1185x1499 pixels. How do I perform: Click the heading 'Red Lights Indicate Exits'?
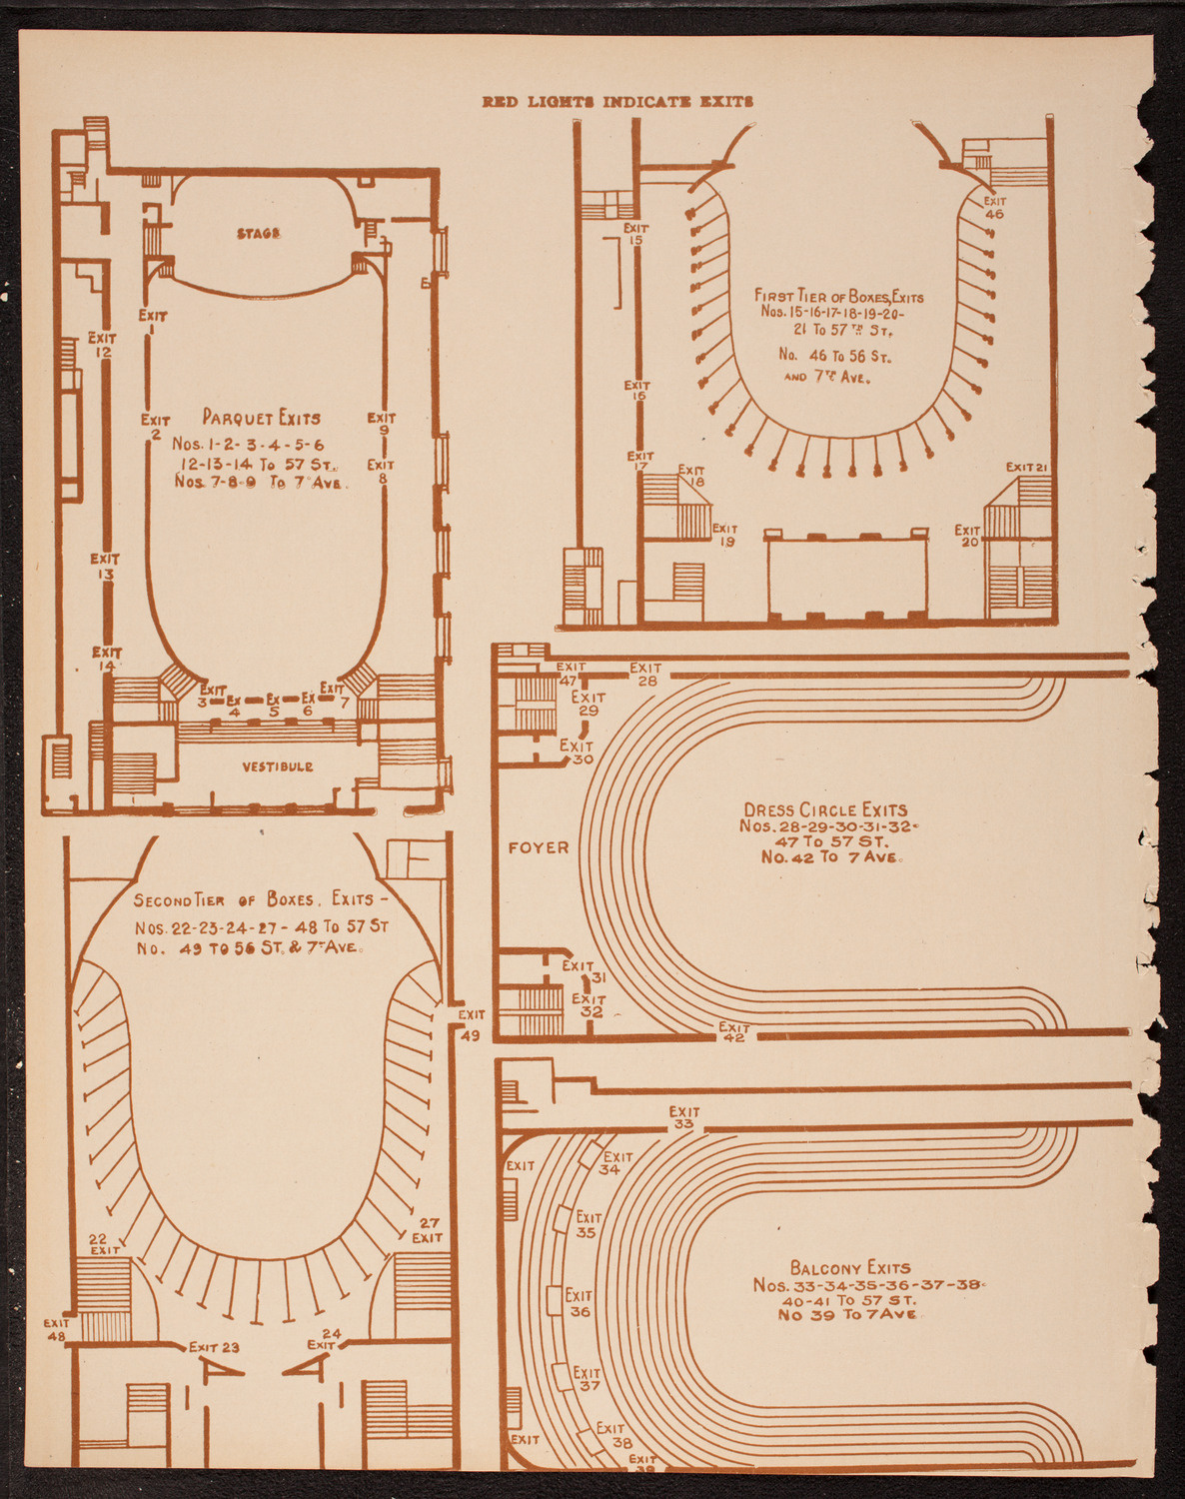[616, 101]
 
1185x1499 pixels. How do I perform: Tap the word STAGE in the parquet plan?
[259, 233]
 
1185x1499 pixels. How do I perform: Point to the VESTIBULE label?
[277, 766]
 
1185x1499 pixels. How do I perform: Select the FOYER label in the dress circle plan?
[539, 847]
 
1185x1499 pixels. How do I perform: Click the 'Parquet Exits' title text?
[262, 418]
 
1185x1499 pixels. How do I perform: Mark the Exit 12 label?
[102, 345]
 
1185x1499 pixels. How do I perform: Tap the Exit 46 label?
[994, 208]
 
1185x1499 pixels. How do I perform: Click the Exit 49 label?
[471, 1025]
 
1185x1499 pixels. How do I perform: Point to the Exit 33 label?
[684, 1117]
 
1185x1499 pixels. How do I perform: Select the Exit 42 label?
[734, 1032]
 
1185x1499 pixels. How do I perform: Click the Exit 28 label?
[645, 674]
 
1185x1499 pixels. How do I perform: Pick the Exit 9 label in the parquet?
[382, 424]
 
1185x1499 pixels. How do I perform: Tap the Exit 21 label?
[1026, 467]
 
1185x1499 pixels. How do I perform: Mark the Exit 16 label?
[636, 391]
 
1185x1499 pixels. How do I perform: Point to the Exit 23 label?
[214, 1346]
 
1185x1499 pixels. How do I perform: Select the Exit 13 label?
[104, 567]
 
